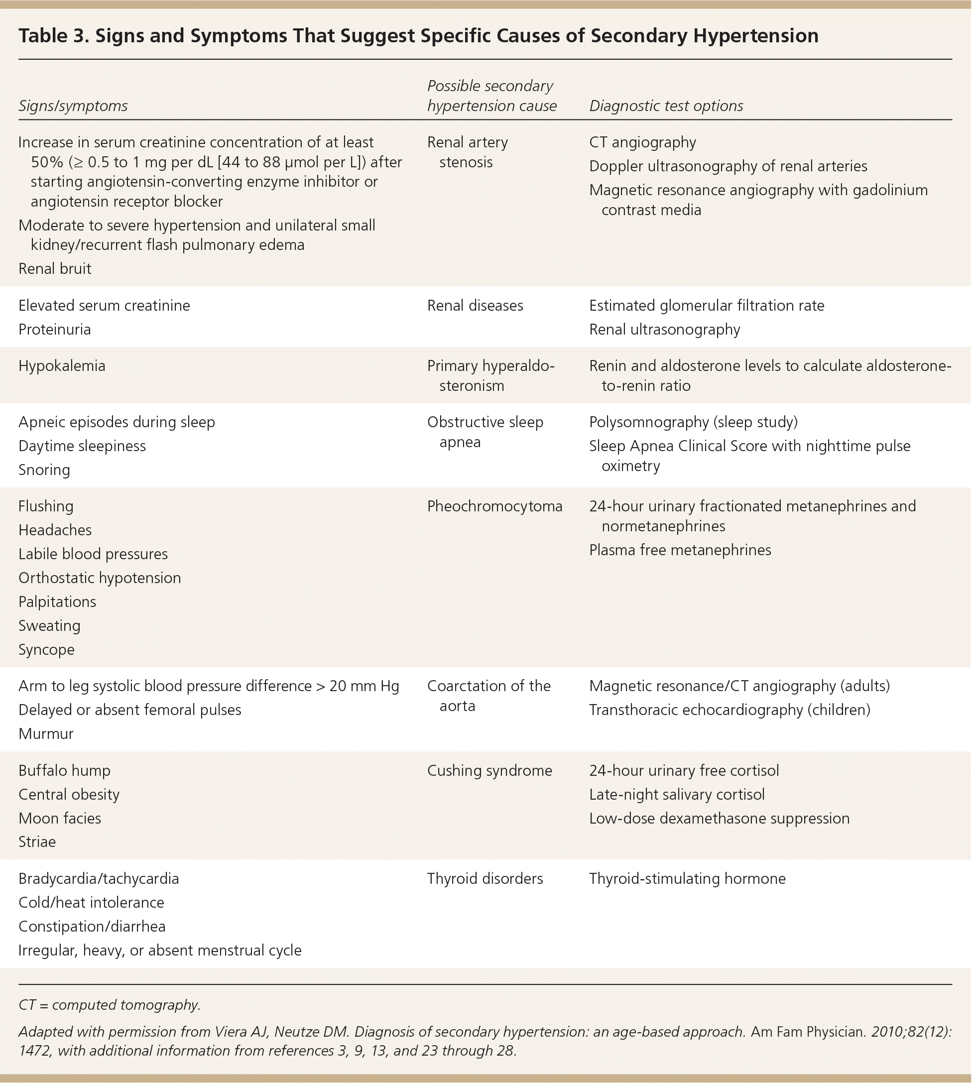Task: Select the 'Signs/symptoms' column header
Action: pyautogui.click(x=73, y=106)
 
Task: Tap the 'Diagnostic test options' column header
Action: pyautogui.click(x=666, y=106)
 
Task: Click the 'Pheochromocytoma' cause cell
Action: pyautogui.click(x=494, y=506)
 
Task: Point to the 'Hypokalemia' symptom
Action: pyautogui.click(x=62, y=366)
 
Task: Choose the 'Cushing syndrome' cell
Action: pyautogui.click(x=489, y=771)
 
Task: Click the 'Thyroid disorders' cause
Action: pyautogui.click(x=485, y=878)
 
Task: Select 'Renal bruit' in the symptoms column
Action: pyautogui.click(x=55, y=268)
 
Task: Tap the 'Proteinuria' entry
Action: pyautogui.click(x=54, y=330)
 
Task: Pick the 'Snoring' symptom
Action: pyautogui.click(x=44, y=470)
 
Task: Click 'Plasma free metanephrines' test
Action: pyautogui.click(x=680, y=550)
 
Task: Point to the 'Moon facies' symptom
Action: pyautogui.click(x=60, y=818)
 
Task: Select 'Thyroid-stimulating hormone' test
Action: pyautogui.click(x=687, y=878)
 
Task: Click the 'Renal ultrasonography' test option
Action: pyautogui.click(x=664, y=330)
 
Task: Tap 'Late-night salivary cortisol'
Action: pyautogui.click(x=677, y=795)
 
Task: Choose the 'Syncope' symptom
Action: pyautogui.click(x=46, y=649)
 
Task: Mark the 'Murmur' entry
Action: pyautogui.click(x=46, y=734)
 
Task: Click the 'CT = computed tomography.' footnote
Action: pyautogui.click(x=110, y=1005)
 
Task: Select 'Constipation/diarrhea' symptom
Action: pyautogui.click(x=92, y=927)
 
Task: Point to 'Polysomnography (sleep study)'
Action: pyautogui.click(x=693, y=422)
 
